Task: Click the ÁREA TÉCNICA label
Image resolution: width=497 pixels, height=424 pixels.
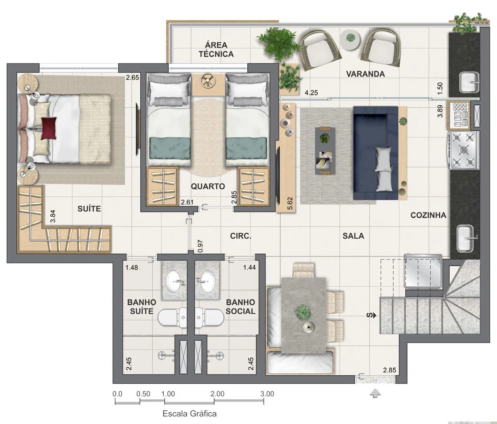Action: click(216, 50)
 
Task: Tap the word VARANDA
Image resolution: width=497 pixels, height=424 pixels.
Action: click(366, 74)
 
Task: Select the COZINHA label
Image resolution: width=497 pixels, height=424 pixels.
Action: click(428, 215)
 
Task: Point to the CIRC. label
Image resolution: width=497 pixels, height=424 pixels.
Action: click(241, 236)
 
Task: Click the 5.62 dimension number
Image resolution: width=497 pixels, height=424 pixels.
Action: click(290, 203)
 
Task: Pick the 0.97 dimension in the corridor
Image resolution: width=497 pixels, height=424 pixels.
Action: click(200, 246)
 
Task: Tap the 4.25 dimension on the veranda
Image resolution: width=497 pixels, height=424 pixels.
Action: click(311, 93)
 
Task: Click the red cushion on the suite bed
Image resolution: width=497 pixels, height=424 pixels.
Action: click(49, 128)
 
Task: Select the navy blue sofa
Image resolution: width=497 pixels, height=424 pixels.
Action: click(376, 153)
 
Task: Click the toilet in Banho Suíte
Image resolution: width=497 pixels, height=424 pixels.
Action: click(173, 318)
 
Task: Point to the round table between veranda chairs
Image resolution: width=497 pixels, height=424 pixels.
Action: click(350, 39)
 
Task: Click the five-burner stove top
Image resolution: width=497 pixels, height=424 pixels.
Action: click(463, 150)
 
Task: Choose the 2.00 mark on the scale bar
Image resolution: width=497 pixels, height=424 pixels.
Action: click(218, 394)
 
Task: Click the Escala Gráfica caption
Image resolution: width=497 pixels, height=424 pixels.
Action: click(189, 414)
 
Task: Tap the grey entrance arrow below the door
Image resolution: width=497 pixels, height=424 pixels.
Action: click(375, 394)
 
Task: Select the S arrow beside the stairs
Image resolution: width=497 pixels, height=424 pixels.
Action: click(371, 315)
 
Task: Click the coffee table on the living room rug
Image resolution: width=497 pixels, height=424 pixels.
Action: click(325, 151)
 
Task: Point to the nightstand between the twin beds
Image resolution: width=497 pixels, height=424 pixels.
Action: click(208, 85)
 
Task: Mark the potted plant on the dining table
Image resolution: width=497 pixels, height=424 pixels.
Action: click(302, 312)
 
